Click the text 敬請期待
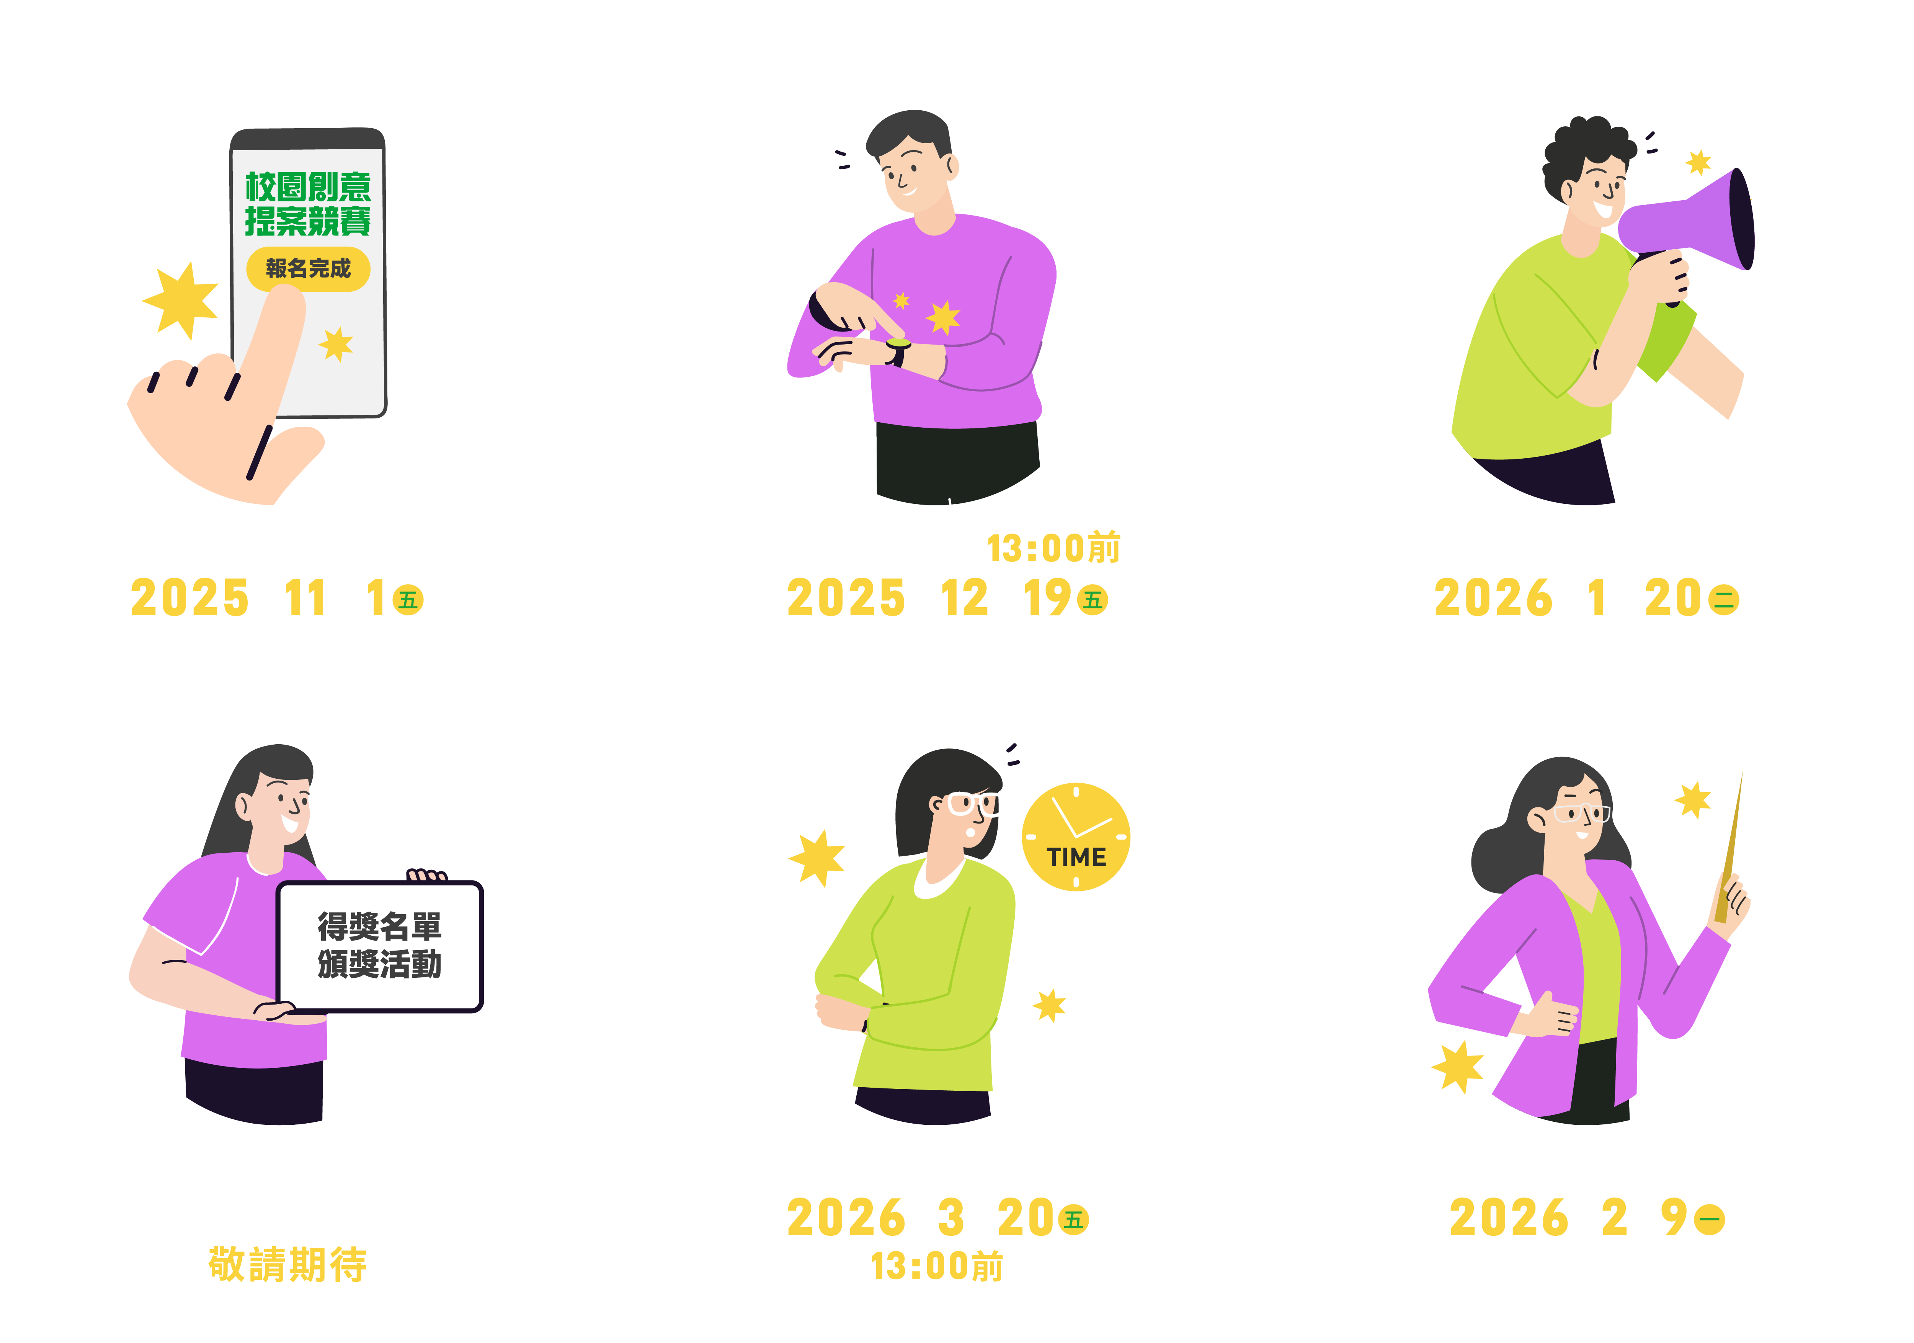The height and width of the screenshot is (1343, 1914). (287, 1264)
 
